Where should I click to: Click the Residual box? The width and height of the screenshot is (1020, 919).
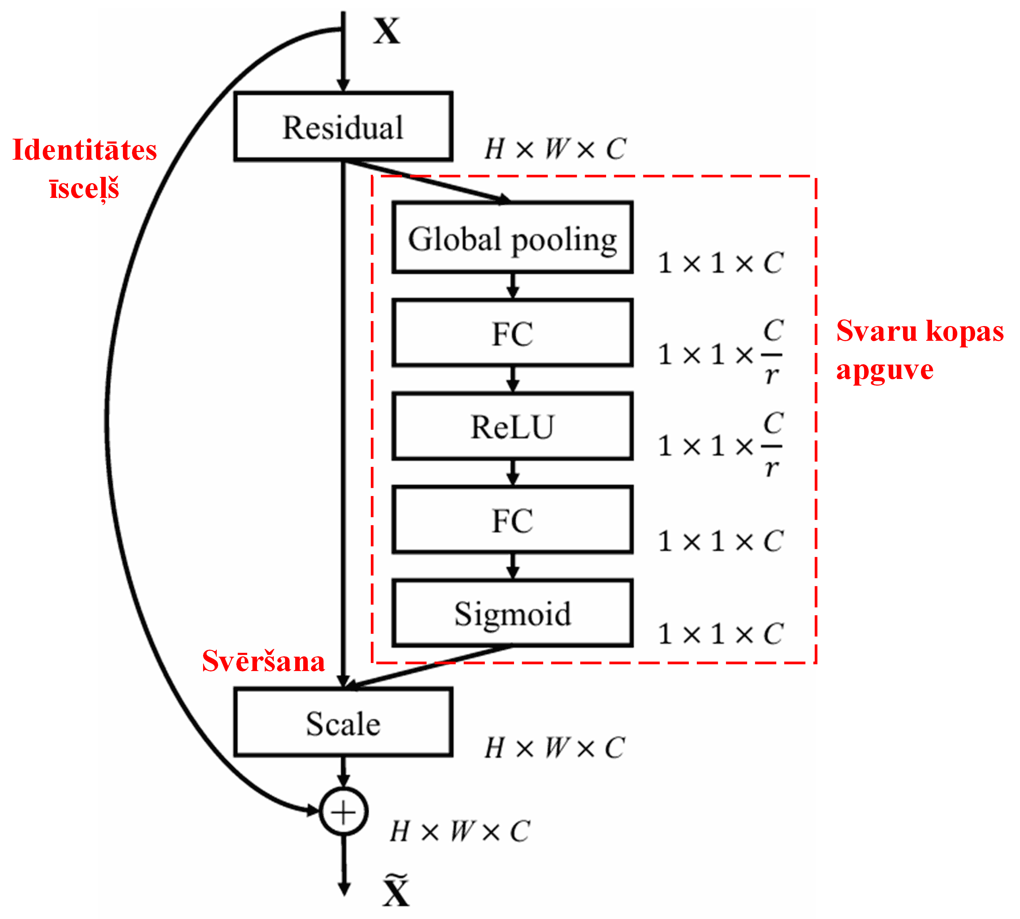click(x=343, y=127)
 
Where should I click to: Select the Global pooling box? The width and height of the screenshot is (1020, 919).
click(x=512, y=238)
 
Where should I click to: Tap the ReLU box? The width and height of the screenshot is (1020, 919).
click(x=512, y=427)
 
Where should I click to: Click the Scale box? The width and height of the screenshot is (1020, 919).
click(x=343, y=723)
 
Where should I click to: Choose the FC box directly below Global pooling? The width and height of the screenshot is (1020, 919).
click(x=512, y=333)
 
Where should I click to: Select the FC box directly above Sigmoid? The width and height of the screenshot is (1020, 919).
click(x=512, y=520)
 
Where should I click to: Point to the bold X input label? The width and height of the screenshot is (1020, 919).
click(x=386, y=31)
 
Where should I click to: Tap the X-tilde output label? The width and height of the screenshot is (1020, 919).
click(x=396, y=892)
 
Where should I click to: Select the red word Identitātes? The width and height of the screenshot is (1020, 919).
click(x=84, y=151)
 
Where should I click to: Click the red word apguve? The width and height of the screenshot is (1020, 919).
click(x=884, y=371)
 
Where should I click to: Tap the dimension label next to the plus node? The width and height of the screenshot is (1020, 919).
click(x=459, y=831)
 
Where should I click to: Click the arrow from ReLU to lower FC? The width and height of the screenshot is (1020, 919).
click(x=513, y=472)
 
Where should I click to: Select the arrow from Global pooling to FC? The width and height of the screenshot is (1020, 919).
click(x=513, y=286)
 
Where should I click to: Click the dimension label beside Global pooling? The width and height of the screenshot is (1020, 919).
click(x=720, y=263)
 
